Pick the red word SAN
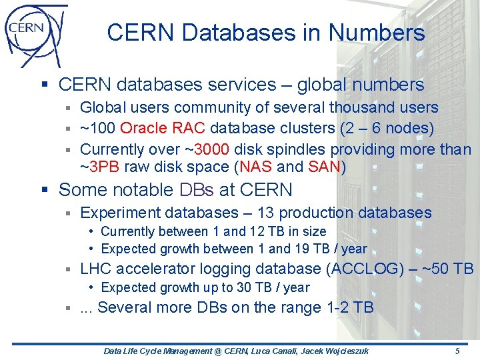pos(323,166)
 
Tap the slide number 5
pos(457,351)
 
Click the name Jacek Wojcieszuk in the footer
pos(343,351)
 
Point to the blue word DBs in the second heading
pos(197,190)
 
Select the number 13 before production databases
pos(265,213)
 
